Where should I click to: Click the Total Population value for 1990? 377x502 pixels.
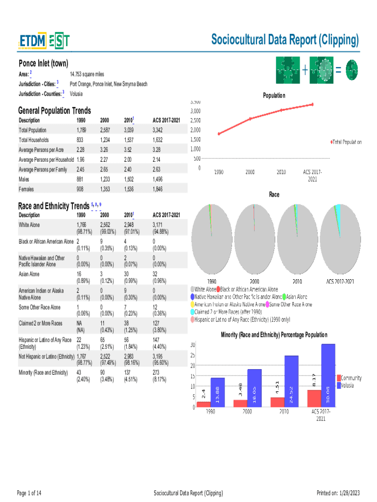point(82,130)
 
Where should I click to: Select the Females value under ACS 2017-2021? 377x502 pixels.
point(158,189)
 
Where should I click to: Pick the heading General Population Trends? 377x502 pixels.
point(54,111)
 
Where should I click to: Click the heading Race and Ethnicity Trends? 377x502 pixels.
point(54,205)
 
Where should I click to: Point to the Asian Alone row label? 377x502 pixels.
point(29,275)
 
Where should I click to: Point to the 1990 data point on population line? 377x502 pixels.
point(219,134)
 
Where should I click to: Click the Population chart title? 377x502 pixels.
point(274,96)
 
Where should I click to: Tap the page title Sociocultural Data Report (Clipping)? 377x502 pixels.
point(284,40)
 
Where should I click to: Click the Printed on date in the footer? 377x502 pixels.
point(338,493)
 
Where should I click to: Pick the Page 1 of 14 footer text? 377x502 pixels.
point(29,493)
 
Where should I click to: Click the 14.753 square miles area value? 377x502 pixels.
point(87,74)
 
